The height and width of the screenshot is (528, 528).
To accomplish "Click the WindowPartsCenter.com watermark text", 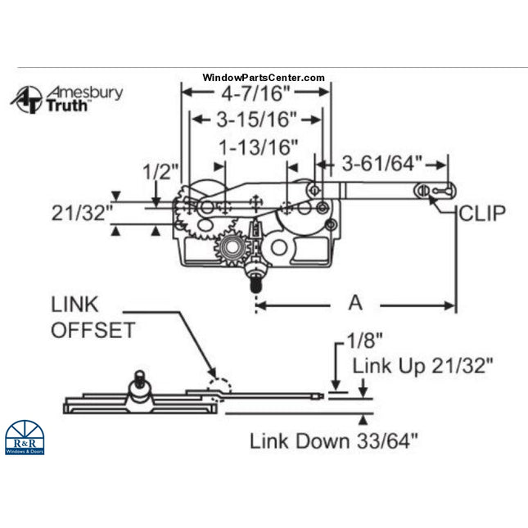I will point(264,78).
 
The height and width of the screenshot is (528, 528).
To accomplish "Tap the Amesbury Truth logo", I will point(66,97).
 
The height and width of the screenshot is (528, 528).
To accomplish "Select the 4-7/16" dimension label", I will point(255,93).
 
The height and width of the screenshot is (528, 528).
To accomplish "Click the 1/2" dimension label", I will point(160,172).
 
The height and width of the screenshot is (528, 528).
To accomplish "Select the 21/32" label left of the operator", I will point(80,213).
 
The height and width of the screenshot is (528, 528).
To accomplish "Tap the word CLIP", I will point(481,214).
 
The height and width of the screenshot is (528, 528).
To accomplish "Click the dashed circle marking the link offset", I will point(219,386).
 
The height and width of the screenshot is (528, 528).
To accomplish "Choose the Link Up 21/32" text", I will point(422,366).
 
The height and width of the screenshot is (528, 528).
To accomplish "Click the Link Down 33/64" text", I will point(333,441).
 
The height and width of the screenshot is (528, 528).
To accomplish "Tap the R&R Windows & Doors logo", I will point(25,437).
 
